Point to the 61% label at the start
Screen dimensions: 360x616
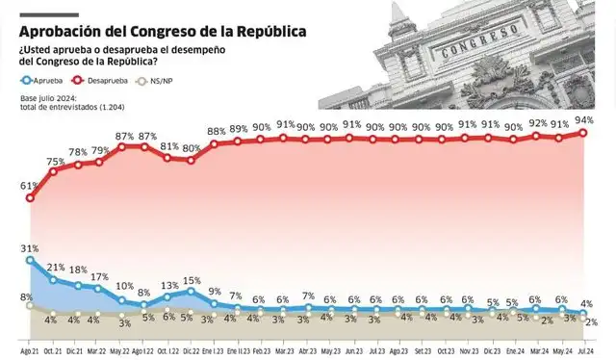[x=28, y=186]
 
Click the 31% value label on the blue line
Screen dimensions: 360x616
[x=29, y=248]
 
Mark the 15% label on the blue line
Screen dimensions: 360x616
[x=192, y=280]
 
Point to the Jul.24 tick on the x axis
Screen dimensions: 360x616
[x=584, y=351]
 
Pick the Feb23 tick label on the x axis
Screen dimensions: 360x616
[x=261, y=351]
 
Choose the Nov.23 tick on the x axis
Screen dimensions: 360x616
[x=469, y=351]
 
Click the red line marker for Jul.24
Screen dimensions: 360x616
[x=584, y=133]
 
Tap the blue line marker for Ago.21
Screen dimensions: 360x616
[x=31, y=260]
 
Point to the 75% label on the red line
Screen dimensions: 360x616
[x=55, y=161]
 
